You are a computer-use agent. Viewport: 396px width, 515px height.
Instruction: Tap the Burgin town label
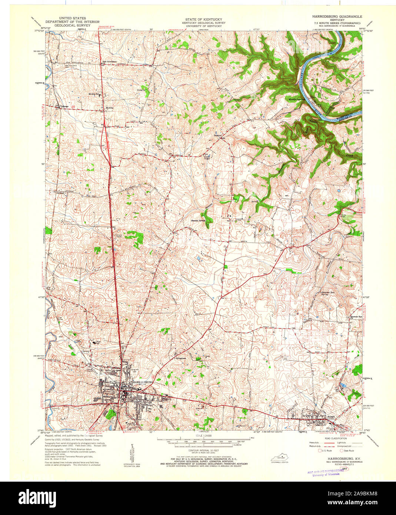331,417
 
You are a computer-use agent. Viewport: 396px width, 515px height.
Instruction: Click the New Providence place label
109,61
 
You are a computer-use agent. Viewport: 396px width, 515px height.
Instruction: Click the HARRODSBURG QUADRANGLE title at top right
337,17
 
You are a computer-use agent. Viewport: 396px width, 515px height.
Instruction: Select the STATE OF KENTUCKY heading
203,19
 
